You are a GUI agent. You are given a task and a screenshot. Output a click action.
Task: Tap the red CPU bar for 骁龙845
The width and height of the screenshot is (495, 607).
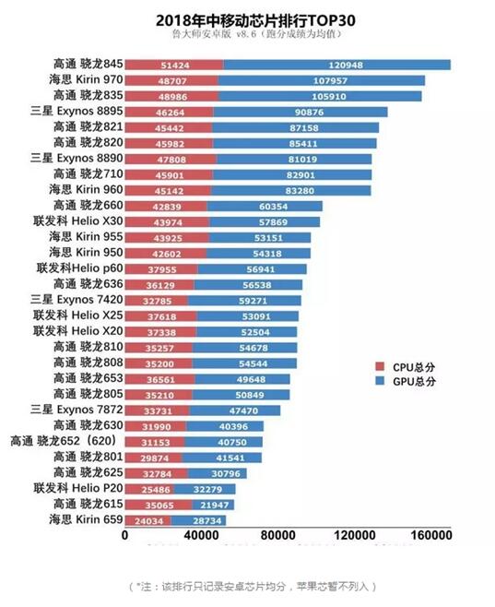pos(172,65)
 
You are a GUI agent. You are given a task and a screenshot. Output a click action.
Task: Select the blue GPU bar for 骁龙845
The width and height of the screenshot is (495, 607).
pos(336,65)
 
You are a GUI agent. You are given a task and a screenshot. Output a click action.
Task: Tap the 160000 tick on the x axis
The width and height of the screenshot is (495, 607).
pos(429,535)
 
